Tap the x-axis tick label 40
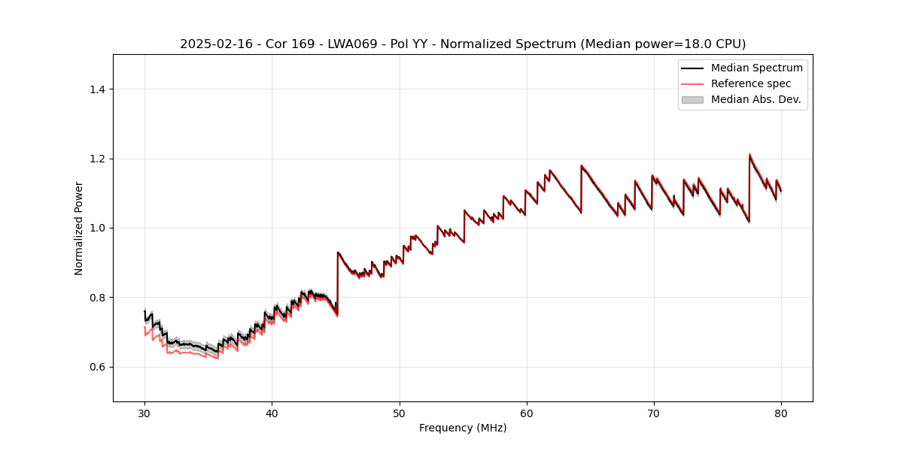[x=272, y=413]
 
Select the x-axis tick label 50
[x=400, y=413]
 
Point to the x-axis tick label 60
[x=527, y=413]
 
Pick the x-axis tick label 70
[x=654, y=413]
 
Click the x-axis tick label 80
[x=781, y=413]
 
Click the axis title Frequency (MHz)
[x=463, y=428]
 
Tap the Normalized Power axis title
[x=78, y=228]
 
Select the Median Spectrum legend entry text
[x=756, y=68]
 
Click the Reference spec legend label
[x=751, y=83]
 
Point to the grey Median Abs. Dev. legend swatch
[x=692, y=99]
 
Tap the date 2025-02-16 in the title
[x=212, y=44]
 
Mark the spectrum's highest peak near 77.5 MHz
[x=749, y=155]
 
